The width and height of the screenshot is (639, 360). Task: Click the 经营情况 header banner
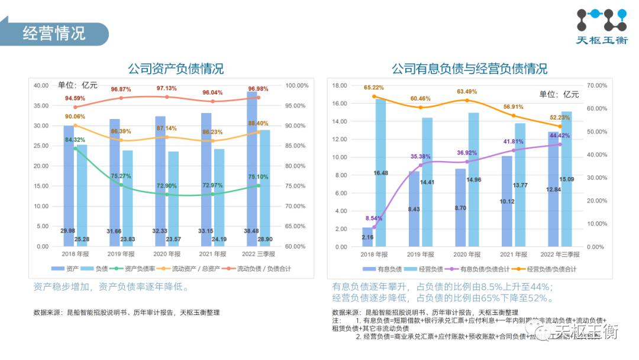[x=54, y=33]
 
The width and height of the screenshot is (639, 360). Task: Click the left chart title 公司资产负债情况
[x=176, y=69]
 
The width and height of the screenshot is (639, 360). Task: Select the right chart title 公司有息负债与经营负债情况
[x=469, y=69]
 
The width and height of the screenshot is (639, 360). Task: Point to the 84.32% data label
[x=75, y=140]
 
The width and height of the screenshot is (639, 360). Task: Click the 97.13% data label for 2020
[x=166, y=88]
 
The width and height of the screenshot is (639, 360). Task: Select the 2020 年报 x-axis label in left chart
[x=166, y=254]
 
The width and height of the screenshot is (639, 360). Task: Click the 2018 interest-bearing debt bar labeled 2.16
[x=368, y=237]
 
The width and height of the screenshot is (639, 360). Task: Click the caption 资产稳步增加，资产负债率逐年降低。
[x=111, y=287]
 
